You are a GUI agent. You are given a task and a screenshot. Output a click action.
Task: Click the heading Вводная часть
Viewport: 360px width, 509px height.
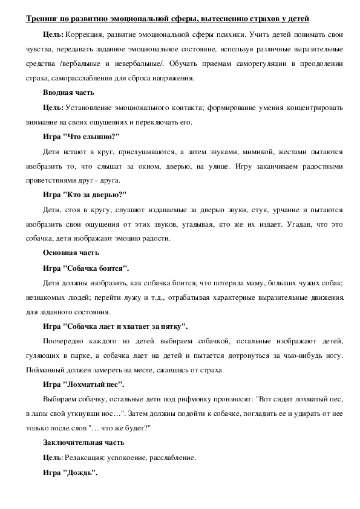(x=68, y=92)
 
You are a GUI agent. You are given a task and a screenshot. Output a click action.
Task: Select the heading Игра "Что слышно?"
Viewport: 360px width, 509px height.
(x=82, y=136)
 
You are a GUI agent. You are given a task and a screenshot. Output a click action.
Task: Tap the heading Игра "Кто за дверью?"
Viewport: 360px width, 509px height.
(x=84, y=195)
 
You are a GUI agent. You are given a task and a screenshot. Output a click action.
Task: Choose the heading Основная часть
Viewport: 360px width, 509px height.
(x=71, y=252)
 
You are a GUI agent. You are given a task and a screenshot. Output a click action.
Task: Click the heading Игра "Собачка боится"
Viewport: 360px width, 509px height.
(x=86, y=268)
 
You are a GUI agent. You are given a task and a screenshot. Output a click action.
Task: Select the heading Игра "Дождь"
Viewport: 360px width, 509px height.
(x=70, y=472)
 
